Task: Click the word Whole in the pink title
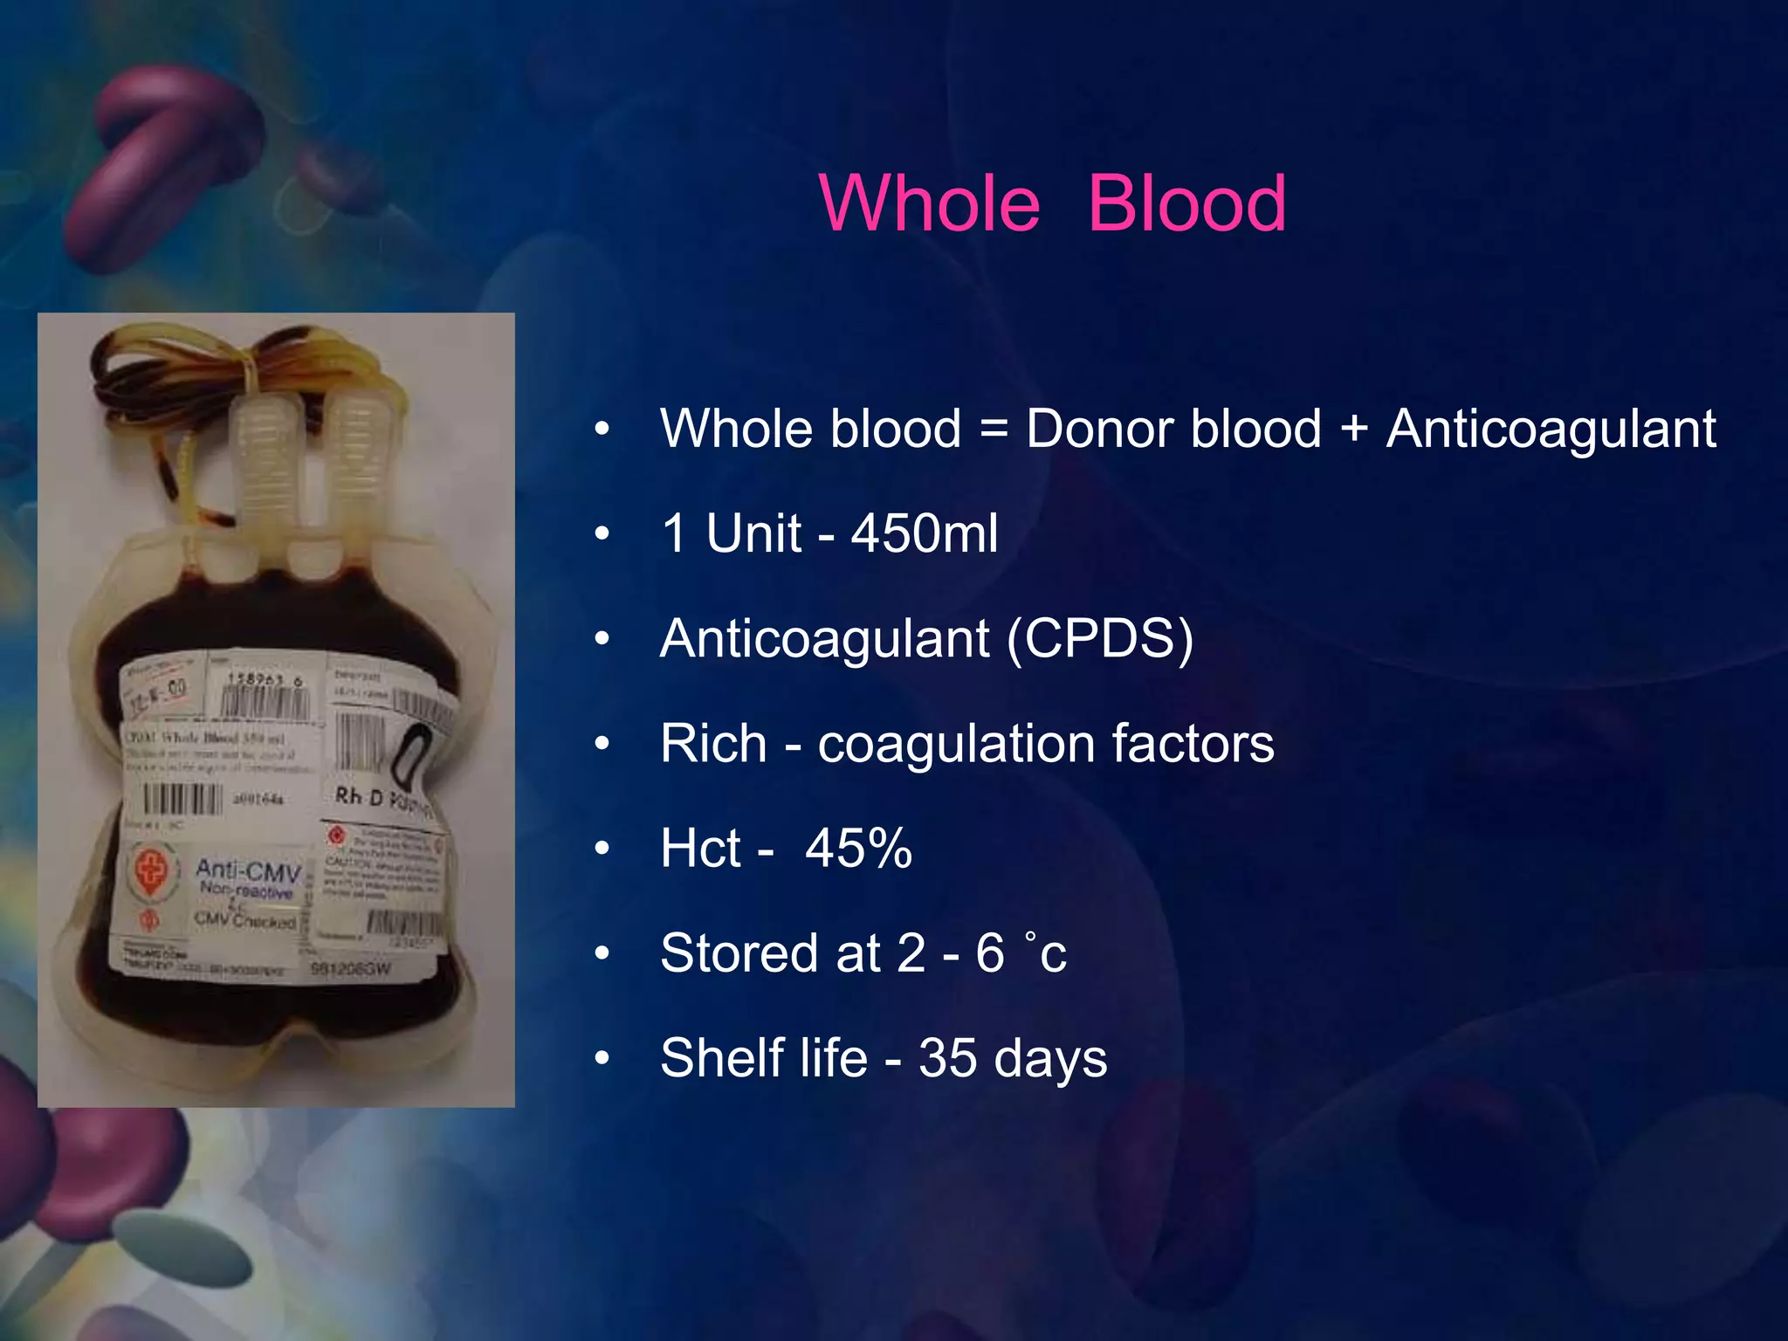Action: (x=930, y=203)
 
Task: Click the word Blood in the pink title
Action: (x=1186, y=203)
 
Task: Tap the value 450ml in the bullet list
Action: (x=925, y=533)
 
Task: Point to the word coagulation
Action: (x=955, y=744)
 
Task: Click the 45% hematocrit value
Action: (x=858, y=848)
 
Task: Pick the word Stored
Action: (x=739, y=952)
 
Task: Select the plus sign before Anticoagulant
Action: (x=1353, y=430)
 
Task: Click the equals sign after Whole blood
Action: (x=994, y=430)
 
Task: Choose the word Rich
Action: (x=713, y=744)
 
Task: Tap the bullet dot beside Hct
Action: (x=602, y=849)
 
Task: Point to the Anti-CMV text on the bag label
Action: (x=248, y=870)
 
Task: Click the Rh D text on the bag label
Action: (x=360, y=796)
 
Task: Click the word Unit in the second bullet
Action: (x=753, y=533)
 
